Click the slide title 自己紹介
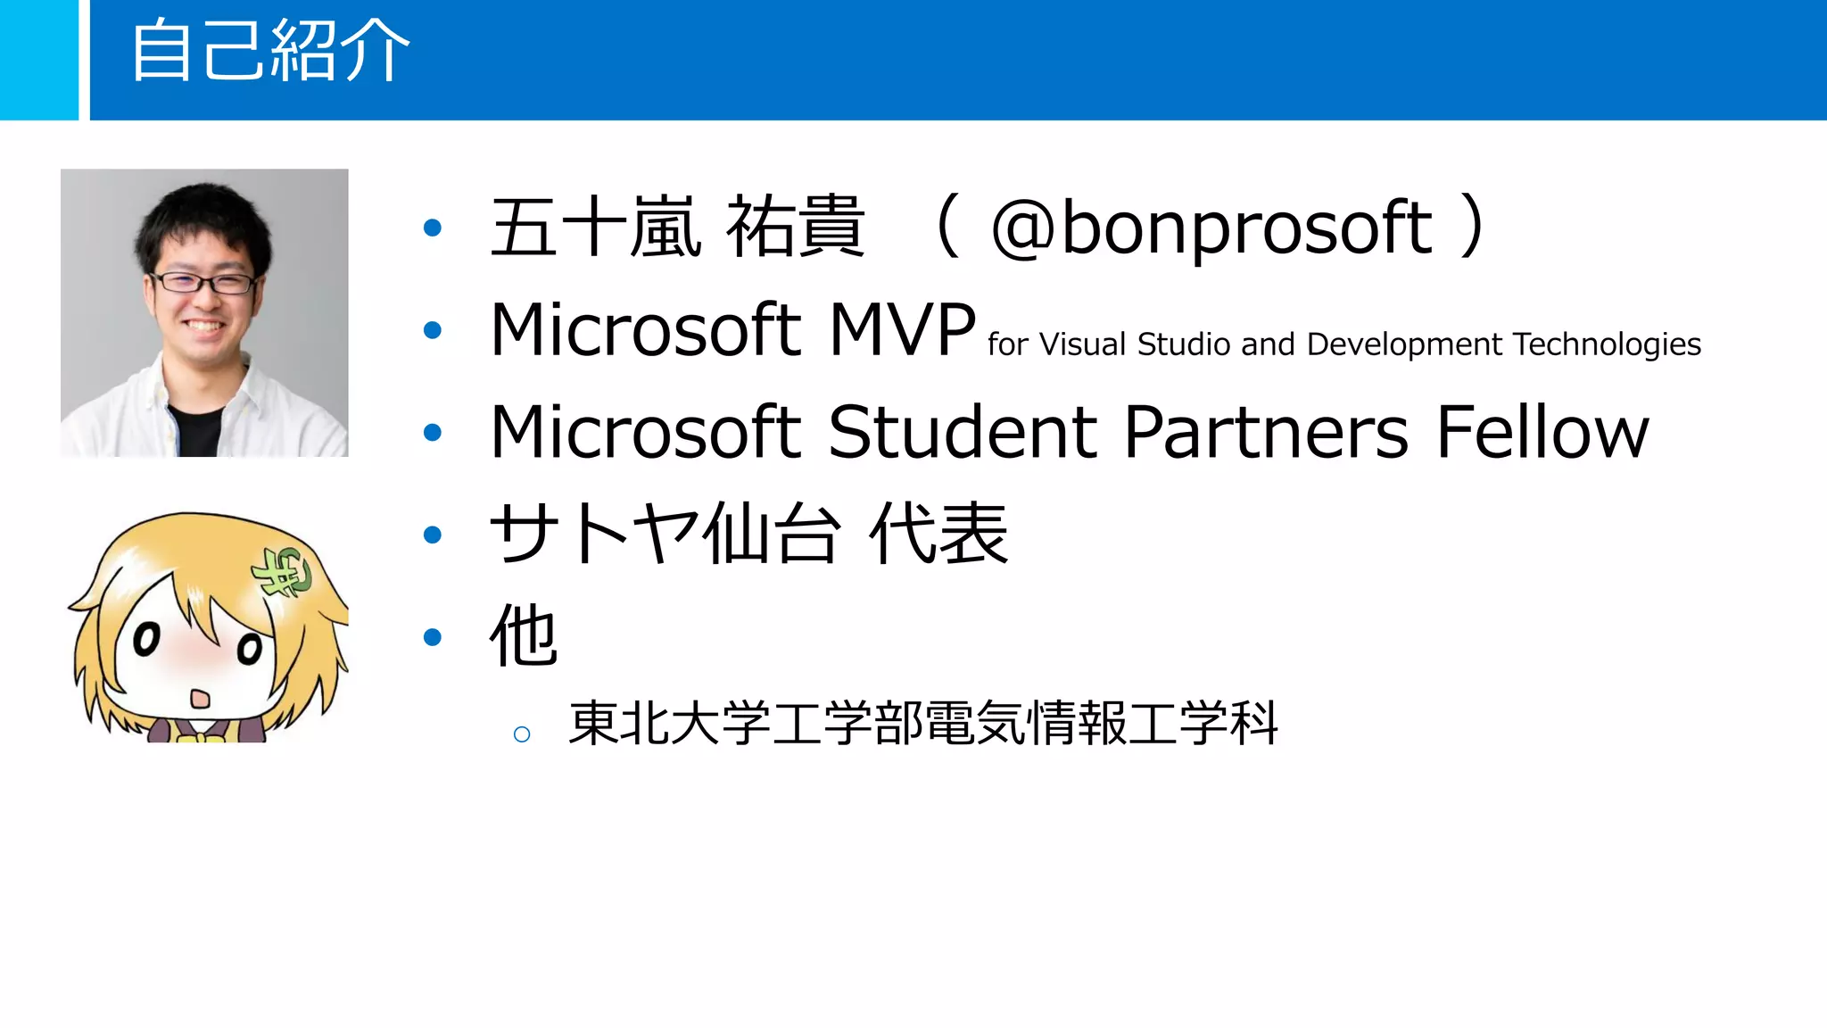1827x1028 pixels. click(x=269, y=52)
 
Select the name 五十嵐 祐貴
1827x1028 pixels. click(x=677, y=228)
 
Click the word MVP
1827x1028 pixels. click(x=902, y=330)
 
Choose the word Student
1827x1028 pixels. click(x=962, y=432)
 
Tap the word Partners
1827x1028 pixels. click(x=1266, y=432)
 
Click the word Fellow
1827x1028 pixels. click(x=1542, y=432)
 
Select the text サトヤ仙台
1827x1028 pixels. click(x=665, y=534)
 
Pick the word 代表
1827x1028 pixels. click(x=938, y=534)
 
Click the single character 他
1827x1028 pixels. click(x=524, y=635)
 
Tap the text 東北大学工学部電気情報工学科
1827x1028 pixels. click(x=923, y=723)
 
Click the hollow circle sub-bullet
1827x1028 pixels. click(x=522, y=734)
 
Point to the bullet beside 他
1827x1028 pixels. click(x=433, y=637)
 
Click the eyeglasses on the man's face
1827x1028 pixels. click(x=204, y=284)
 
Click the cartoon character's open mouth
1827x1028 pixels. click(x=201, y=696)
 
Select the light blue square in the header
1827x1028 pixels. click(x=38, y=59)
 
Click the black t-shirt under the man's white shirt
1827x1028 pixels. click(x=194, y=432)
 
